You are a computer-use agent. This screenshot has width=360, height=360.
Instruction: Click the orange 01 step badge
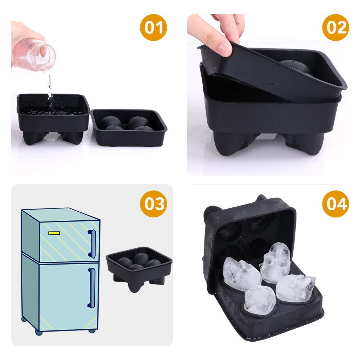coord(153,28)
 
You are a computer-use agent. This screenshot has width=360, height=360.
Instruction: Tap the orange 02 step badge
coord(336,28)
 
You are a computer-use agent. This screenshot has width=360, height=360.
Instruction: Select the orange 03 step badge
coord(153,204)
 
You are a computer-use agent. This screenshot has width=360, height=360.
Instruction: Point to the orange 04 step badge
coord(336,204)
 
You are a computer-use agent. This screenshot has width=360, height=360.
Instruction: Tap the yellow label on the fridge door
coord(54,233)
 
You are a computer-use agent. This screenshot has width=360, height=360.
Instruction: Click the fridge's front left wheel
coord(39,332)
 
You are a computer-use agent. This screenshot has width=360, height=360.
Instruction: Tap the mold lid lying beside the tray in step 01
coord(129,127)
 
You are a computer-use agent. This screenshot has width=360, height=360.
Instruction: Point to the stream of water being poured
coord(50,92)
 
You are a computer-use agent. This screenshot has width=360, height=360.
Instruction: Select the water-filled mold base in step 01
coord(53,118)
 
